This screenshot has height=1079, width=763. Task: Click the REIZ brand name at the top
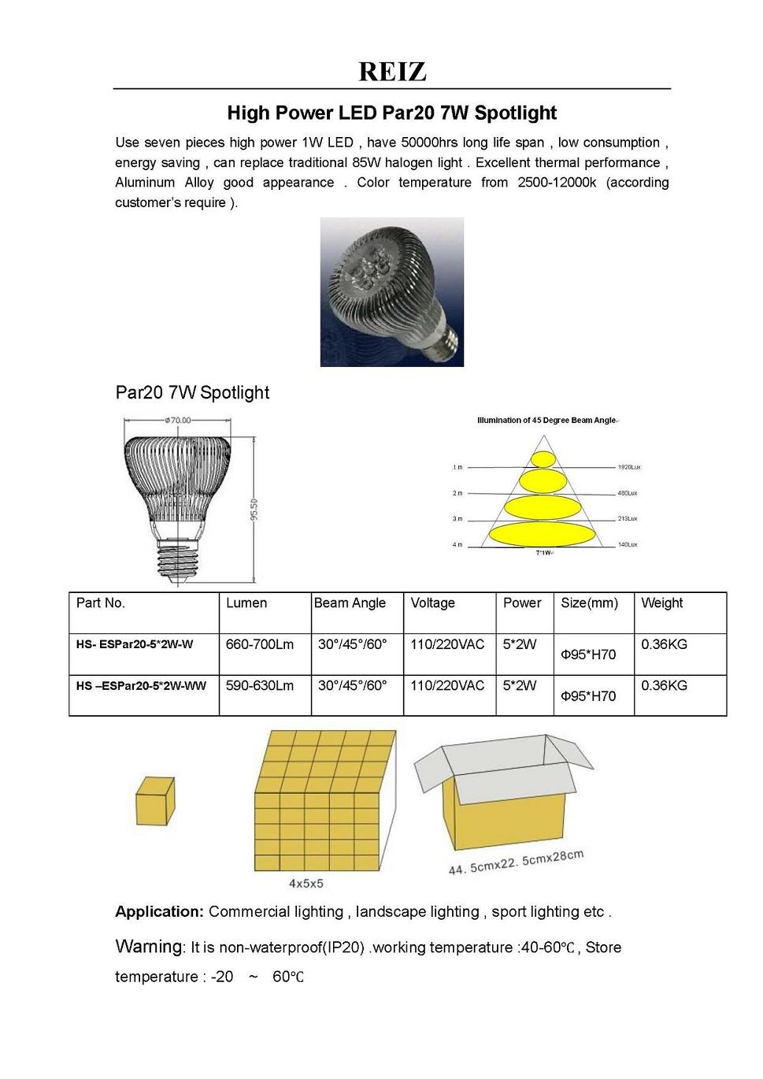392,72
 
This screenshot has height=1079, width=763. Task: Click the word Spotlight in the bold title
517,113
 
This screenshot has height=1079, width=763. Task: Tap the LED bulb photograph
391,292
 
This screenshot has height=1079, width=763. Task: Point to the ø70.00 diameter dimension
177,421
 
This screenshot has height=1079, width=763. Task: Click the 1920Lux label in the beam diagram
628,467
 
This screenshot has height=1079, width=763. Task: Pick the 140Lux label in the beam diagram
628,545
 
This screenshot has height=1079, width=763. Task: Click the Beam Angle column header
350,603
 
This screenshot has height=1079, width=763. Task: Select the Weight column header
661,603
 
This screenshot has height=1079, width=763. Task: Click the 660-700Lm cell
260,644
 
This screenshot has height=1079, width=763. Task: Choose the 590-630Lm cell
260,686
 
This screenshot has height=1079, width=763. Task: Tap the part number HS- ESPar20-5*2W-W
135,644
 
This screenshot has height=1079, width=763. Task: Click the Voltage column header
432,603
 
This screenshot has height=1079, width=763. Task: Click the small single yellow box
154,799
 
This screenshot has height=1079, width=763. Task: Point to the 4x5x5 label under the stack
306,884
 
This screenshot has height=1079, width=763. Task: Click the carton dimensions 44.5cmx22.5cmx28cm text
516,862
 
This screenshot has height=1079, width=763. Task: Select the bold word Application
159,912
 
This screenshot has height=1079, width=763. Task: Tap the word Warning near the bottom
148,947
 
